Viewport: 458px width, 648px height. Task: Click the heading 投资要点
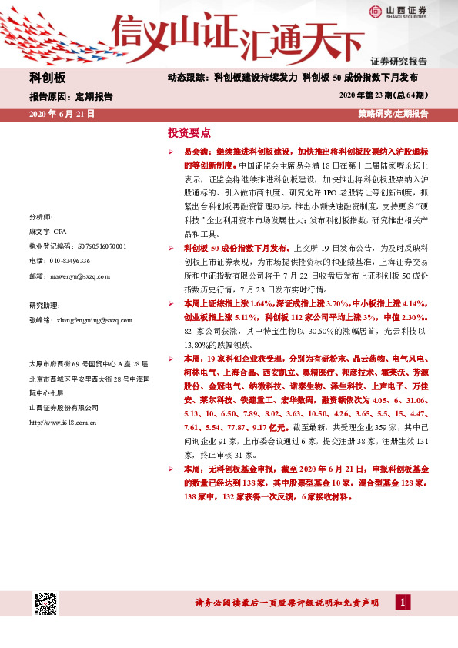pos(189,132)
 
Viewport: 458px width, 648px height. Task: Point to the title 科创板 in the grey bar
pos(48,78)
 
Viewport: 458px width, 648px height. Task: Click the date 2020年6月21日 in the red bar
pos(62,113)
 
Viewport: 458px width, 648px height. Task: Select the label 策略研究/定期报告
pos(393,113)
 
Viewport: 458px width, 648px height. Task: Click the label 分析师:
pos(39,217)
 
